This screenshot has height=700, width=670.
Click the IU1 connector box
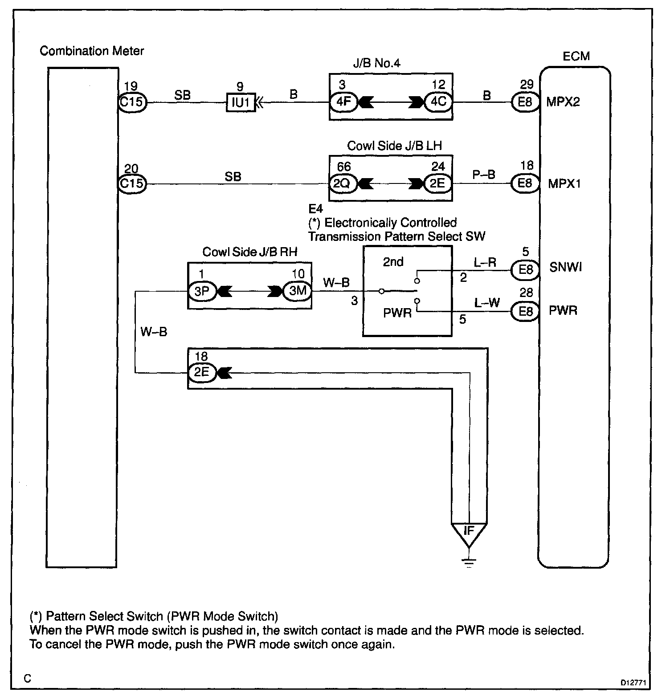(241, 103)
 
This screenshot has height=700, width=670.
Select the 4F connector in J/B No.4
(343, 102)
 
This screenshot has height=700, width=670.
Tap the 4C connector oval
(438, 102)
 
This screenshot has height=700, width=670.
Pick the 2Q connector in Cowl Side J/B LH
(343, 184)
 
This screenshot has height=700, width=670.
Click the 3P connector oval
(202, 291)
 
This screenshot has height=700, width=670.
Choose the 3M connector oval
(297, 291)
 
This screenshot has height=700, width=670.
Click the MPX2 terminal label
(563, 102)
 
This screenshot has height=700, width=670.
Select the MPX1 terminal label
(564, 183)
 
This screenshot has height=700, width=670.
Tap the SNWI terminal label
(565, 268)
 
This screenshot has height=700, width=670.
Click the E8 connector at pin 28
(526, 311)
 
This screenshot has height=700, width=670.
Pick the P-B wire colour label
(484, 175)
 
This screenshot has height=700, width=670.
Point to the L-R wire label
(485, 263)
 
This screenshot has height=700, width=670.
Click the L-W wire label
(487, 303)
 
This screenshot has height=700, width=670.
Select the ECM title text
(576, 57)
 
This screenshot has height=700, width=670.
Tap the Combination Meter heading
(92, 51)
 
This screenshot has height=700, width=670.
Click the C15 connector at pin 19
(132, 102)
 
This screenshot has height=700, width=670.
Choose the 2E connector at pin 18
(202, 372)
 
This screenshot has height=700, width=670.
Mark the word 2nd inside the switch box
(393, 262)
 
